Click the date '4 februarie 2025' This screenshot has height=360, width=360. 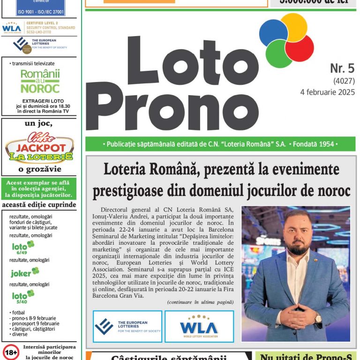(x=327, y=92)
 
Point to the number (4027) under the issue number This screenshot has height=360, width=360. (x=344, y=81)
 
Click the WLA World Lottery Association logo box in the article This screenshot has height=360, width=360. (x=199, y=326)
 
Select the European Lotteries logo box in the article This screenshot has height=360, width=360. (x=127, y=326)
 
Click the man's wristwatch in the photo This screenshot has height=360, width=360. (x=318, y=317)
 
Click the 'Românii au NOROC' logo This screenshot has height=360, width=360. (x=40, y=81)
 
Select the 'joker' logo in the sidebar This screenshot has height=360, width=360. (x=24, y=272)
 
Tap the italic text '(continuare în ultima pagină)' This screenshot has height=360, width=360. (x=200, y=302)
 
